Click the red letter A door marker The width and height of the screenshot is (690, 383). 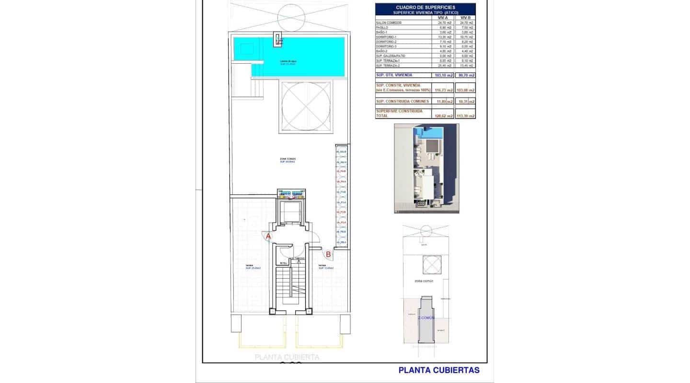coord(268,236)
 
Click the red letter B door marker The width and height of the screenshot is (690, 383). coord(328,255)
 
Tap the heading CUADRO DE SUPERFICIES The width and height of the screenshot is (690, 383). coord(425,8)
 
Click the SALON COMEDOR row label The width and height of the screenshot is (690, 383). coord(389,23)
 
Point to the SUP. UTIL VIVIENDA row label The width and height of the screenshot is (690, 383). coord(394,75)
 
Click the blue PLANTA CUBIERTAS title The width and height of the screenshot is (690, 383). coord(439,370)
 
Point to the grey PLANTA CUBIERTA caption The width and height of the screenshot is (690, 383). coord(287,357)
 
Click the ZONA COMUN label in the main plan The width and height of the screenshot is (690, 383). coord(288,159)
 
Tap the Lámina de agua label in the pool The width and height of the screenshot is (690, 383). coord(288,61)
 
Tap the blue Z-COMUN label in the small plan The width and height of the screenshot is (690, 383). coord(425,317)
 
